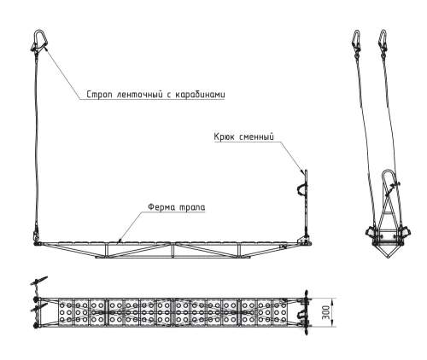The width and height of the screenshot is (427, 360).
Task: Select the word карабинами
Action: point(200,95)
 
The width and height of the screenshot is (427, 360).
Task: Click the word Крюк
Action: point(224,136)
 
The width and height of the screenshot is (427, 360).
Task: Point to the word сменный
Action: point(256,136)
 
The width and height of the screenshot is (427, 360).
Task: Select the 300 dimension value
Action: point(326,312)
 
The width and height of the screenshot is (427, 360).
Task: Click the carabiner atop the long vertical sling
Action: point(39,41)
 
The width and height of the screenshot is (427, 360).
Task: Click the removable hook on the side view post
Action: point(302,189)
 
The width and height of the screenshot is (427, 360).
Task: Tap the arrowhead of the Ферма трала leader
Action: point(120,241)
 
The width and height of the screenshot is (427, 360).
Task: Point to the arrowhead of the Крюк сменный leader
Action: point(302,171)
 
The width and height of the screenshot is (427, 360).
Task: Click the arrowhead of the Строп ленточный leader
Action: point(45,49)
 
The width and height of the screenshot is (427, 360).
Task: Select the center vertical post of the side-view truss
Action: point(173,250)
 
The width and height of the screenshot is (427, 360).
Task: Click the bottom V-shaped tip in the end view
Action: point(389,258)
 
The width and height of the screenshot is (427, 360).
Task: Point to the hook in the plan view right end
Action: point(301,315)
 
